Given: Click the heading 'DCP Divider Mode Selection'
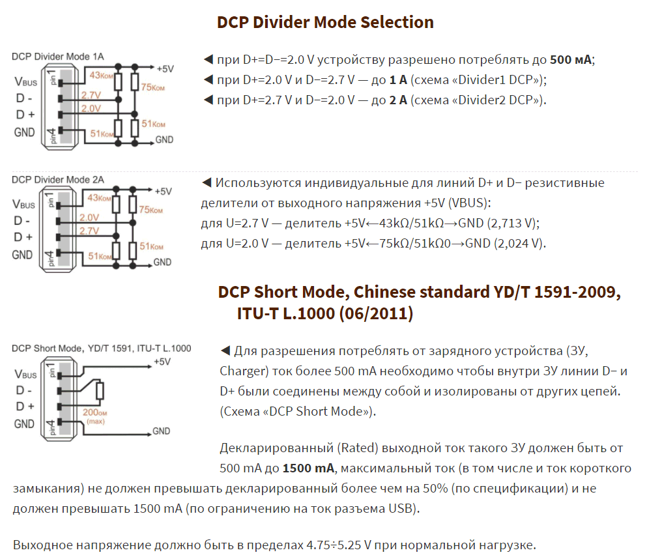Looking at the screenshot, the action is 325,22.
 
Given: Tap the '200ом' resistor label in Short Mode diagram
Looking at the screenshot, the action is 95,412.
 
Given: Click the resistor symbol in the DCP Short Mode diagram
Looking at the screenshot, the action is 100,391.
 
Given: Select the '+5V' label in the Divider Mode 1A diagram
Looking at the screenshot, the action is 165,69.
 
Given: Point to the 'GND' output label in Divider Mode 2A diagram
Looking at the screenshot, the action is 162,262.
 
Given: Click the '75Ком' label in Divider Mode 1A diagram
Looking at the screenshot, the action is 152,87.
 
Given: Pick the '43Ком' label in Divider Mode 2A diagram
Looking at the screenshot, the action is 99,197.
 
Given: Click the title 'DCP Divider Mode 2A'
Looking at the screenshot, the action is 58,180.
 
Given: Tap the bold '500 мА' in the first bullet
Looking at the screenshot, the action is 571,60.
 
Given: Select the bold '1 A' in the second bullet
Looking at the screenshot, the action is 398,80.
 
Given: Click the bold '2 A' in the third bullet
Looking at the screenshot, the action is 398,100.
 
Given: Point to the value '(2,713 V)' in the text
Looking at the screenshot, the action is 513,223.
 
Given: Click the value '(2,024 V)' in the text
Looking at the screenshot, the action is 520,244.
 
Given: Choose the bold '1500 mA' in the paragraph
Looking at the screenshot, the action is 308,468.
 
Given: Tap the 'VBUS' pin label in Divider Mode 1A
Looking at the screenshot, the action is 25,81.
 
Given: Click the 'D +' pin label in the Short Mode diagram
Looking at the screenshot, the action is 25,407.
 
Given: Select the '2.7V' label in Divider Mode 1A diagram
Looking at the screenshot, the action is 91,95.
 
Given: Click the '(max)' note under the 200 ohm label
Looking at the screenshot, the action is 95,422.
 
